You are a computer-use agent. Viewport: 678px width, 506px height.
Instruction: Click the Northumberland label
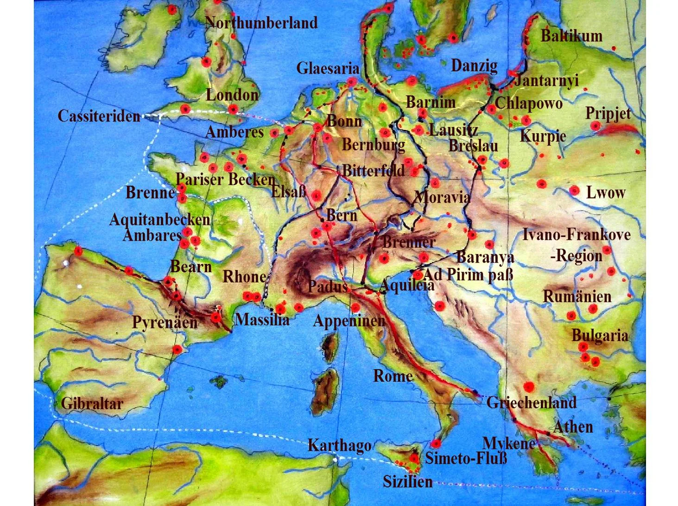pos(261,23)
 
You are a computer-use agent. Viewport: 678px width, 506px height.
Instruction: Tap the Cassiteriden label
pos(99,116)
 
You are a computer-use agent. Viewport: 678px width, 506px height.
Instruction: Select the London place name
pos(232,95)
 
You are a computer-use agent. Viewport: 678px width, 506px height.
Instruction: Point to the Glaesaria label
pos(328,69)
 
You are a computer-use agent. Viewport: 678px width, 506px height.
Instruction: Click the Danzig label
pos(474,66)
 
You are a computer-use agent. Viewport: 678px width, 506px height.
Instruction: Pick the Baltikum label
pos(571,36)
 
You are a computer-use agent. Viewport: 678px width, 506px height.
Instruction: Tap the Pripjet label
pos(608,113)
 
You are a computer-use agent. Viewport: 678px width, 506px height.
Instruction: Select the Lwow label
pos(606,192)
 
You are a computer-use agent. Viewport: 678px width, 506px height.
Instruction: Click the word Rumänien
pos(577,296)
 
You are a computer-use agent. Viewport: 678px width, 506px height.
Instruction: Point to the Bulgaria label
pos(600,335)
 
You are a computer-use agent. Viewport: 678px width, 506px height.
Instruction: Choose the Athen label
pos(573,427)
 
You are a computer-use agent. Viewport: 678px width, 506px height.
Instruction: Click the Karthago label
pos(339,446)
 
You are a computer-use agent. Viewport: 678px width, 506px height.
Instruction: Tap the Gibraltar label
pos(92,404)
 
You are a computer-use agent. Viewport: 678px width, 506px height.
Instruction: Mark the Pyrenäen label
pos(165,322)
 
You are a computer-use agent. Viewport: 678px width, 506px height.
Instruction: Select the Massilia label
pos(262,320)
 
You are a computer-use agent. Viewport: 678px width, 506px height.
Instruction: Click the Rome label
pos(393,376)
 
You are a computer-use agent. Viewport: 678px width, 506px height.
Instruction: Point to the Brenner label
pos(409,242)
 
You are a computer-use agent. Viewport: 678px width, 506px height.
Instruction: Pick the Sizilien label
pos(407,482)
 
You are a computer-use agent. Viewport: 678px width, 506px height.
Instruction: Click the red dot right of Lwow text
pos(574,190)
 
